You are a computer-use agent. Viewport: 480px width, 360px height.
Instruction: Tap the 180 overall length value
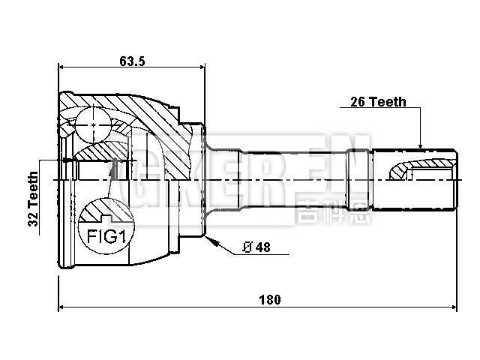point(270,299)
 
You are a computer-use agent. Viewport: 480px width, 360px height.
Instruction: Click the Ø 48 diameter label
point(256,248)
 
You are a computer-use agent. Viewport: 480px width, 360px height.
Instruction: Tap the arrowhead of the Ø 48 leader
point(211,241)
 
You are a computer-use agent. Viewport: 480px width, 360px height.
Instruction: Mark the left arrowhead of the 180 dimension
point(61,307)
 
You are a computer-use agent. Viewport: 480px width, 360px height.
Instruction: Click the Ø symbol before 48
point(247,248)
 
